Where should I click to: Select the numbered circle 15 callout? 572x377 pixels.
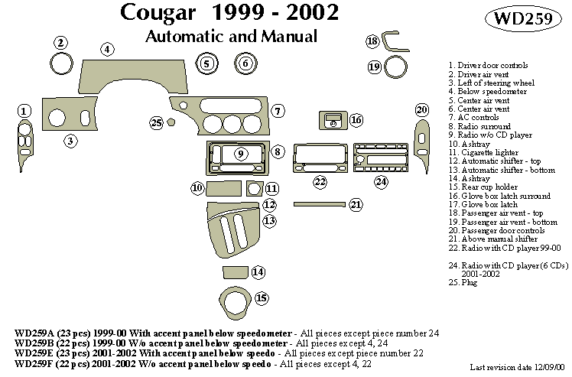pyautogui.click(x=262, y=297)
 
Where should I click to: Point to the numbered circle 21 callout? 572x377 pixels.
pyautogui.click(x=356, y=204)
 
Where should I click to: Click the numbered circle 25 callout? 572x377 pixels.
pyautogui.click(x=157, y=122)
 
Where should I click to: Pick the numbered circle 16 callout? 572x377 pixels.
pyautogui.click(x=356, y=119)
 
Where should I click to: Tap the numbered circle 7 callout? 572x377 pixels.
pyautogui.click(x=278, y=112)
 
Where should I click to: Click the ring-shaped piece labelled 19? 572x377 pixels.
pyautogui.click(x=395, y=68)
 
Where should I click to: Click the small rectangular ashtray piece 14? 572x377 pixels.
pyautogui.click(x=233, y=272)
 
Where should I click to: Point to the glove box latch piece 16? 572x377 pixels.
pyautogui.click(x=332, y=121)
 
